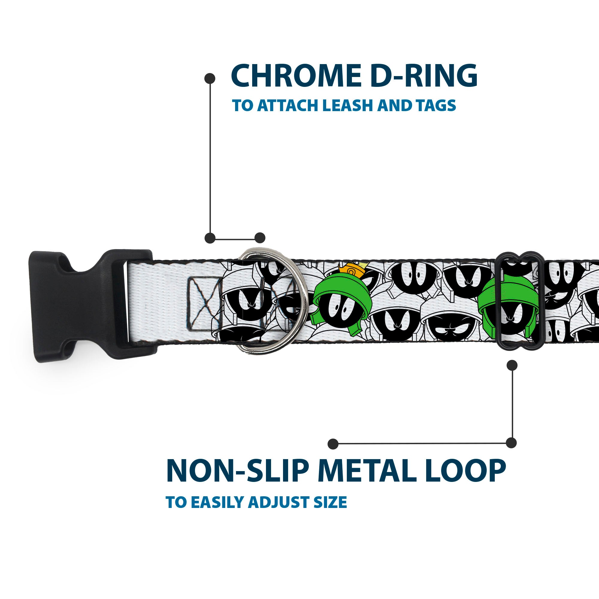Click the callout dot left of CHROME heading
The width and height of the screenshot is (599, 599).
pyautogui.click(x=210, y=78)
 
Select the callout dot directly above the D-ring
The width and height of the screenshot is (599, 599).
pyautogui.click(x=260, y=238)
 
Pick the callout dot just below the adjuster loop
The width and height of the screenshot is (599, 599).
pyautogui.click(x=512, y=365)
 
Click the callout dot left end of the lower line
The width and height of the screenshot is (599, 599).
pyautogui.click(x=333, y=444)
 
